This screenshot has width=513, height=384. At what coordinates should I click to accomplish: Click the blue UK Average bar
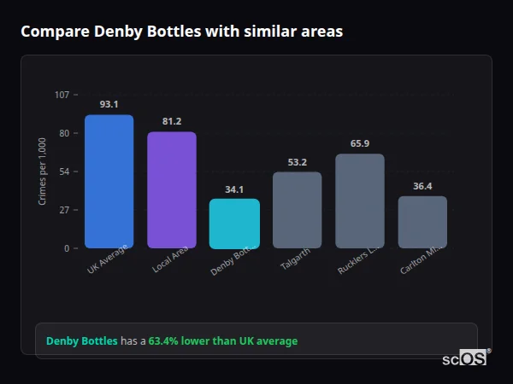click(109, 182)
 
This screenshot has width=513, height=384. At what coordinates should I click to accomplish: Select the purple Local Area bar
click(172, 190)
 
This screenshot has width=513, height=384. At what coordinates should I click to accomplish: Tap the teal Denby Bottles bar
click(234, 224)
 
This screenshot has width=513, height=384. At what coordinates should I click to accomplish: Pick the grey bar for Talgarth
click(298, 210)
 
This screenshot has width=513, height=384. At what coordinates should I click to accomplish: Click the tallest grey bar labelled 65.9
click(360, 201)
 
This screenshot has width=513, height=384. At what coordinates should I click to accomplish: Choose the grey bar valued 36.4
click(422, 222)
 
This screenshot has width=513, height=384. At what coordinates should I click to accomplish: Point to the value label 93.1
click(109, 104)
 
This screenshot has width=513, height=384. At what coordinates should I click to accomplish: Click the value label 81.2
click(172, 121)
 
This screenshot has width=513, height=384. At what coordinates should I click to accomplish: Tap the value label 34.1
click(234, 189)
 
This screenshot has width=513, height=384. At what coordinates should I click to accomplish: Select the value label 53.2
click(298, 162)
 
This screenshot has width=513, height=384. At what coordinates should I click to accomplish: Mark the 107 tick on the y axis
click(62, 95)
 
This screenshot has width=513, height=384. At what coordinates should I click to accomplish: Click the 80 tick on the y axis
click(64, 133)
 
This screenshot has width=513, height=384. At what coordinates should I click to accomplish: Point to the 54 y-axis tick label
click(64, 172)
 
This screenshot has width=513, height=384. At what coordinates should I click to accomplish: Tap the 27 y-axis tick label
click(64, 210)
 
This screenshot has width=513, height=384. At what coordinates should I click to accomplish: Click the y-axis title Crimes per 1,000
click(43, 172)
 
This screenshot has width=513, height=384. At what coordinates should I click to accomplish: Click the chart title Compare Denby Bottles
click(181, 32)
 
